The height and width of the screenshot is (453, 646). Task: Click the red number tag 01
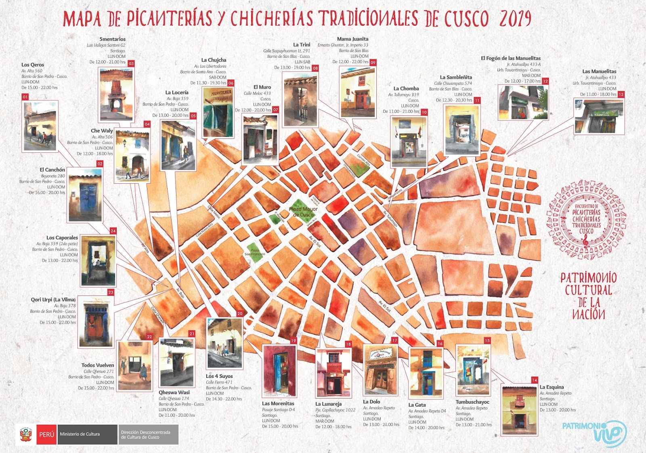(25, 97)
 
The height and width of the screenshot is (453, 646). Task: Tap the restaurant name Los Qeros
(33, 65)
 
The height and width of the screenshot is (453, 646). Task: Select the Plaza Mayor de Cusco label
(303, 212)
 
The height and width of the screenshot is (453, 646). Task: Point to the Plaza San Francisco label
(255, 252)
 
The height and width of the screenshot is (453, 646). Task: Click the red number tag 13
(621, 94)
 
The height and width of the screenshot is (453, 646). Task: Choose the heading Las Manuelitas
(599, 71)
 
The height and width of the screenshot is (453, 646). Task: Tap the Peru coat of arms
(26, 434)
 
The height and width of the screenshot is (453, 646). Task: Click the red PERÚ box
(46, 434)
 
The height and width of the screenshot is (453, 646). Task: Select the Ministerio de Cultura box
(87, 434)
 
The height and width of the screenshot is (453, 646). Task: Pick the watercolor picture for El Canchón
(85, 195)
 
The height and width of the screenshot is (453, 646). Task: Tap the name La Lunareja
(328, 404)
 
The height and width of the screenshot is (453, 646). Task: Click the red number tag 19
(294, 341)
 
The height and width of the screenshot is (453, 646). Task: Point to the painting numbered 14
(519, 409)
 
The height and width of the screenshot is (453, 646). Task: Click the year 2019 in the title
(515, 19)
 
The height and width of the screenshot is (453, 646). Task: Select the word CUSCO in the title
(466, 19)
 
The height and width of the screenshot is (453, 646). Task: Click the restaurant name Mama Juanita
(352, 39)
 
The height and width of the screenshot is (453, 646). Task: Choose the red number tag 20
(240, 314)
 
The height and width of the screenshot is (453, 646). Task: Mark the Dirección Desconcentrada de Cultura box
(148, 434)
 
